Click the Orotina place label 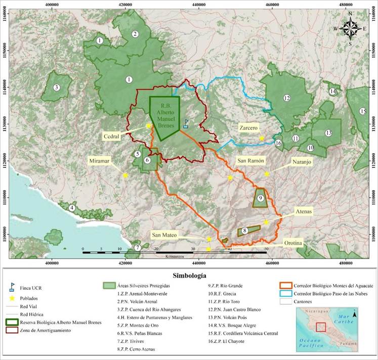[x=293, y=243]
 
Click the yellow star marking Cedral [x=149, y=125]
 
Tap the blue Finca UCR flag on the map [x=186, y=123]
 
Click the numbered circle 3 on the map [x=57, y=87]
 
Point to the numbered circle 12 [x=287, y=98]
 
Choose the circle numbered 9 [x=260, y=199]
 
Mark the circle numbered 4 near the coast [x=72, y=207]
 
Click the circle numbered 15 [x=362, y=111]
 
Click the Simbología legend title [x=189, y=276]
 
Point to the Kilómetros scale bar [x=175, y=252]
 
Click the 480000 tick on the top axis [x=346, y=4]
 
